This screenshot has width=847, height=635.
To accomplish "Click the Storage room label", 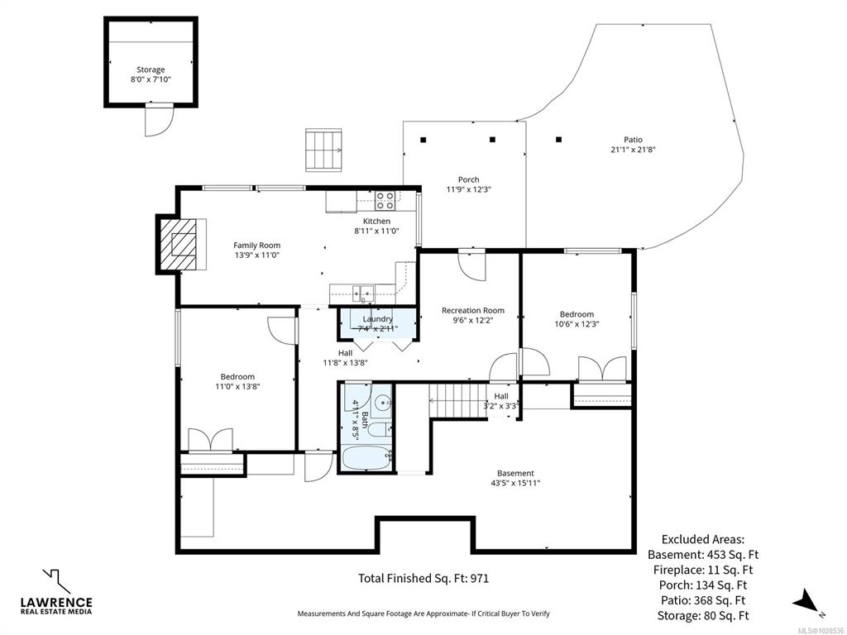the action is [151, 69].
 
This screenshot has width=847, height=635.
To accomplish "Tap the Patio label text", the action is [633, 140].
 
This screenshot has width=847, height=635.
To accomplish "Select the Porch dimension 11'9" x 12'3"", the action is [468, 189].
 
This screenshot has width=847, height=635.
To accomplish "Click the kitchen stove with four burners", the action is [385, 200].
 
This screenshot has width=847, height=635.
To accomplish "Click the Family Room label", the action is [256, 246].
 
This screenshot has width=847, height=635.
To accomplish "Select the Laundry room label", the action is [377, 319].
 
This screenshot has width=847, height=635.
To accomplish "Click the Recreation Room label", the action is [472, 311].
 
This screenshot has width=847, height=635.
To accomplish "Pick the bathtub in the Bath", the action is [366, 460].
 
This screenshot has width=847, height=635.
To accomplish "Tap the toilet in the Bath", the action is [380, 429].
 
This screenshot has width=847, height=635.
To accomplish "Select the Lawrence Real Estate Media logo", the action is [56, 591].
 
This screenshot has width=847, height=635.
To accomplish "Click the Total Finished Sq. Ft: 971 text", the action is [423, 578].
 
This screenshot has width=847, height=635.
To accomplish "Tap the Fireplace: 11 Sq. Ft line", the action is [702, 570].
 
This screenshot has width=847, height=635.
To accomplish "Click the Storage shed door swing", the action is [159, 120].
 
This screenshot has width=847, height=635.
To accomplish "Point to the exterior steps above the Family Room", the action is [323, 150].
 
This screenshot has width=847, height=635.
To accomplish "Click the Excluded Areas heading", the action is [703, 539].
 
